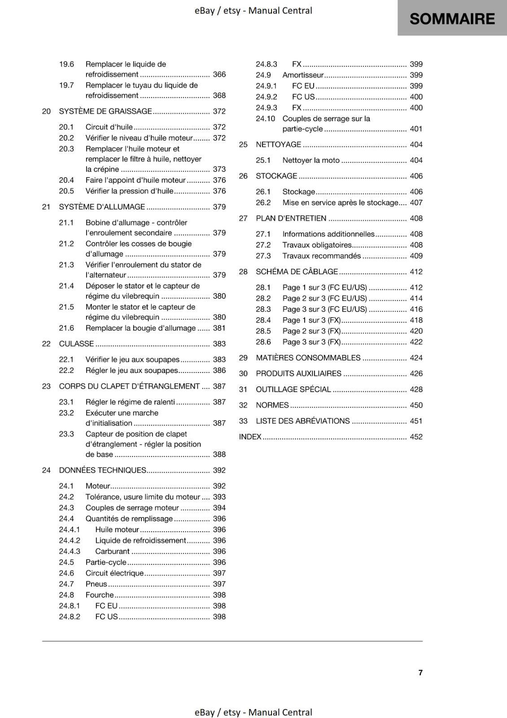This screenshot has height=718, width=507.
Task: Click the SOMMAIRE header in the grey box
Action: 452,19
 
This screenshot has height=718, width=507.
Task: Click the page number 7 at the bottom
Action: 420,672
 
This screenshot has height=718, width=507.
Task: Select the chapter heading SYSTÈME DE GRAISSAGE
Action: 105,111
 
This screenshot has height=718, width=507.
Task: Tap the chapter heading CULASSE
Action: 76,344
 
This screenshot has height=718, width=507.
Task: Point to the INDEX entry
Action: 250,437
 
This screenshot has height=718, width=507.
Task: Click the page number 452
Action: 416,437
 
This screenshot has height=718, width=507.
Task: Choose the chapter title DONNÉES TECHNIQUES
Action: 102,470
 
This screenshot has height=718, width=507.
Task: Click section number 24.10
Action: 265,118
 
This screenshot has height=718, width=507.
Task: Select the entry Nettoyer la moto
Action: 311,160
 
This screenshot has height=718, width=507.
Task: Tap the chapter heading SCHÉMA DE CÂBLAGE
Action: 297,271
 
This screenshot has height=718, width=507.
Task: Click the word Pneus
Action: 96,584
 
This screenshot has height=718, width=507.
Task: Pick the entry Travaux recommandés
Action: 321,256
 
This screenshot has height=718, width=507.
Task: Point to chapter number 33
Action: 243,421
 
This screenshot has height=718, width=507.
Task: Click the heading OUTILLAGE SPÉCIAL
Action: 293,390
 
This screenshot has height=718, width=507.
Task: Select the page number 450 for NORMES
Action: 416,405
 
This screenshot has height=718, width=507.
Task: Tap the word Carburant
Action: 112,551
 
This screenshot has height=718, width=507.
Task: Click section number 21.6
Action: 66,328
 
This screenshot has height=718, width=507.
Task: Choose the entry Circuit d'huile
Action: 109,127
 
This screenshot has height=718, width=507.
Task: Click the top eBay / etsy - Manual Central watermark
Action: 253,10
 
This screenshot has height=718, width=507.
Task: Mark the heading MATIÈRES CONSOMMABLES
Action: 308,358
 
